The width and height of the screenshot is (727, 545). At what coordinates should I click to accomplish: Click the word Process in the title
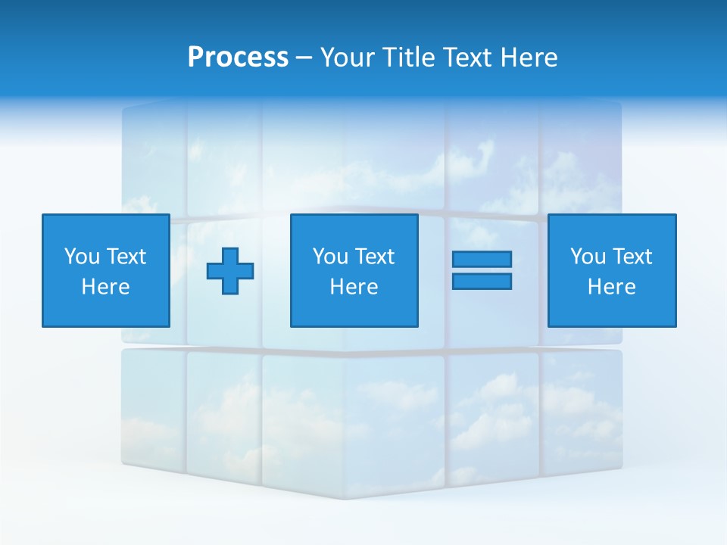click(238, 58)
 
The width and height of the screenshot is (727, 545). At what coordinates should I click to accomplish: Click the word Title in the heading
click(410, 58)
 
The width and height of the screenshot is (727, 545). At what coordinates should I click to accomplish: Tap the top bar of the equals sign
click(482, 259)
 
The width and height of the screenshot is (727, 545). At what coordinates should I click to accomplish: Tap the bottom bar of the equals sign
click(482, 281)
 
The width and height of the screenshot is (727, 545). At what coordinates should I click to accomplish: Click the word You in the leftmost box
click(82, 257)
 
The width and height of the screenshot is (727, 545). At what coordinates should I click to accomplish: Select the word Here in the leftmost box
click(105, 287)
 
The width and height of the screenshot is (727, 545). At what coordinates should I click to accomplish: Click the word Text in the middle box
click(375, 257)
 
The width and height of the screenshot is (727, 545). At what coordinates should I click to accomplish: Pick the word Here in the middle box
click(354, 287)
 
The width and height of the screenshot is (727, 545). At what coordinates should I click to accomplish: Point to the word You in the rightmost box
click(588, 257)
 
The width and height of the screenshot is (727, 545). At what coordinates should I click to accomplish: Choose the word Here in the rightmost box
click(611, 287)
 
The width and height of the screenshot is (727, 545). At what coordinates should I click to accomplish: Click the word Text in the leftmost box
click(126, 257)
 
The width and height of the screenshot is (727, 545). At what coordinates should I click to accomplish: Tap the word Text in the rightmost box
click(632, 257)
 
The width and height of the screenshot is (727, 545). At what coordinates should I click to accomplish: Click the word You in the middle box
click(330, 257)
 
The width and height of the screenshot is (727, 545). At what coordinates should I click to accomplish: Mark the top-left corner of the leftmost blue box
click(42, 214)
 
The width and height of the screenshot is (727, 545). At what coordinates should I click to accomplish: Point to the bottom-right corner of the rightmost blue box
click(676, 326)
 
